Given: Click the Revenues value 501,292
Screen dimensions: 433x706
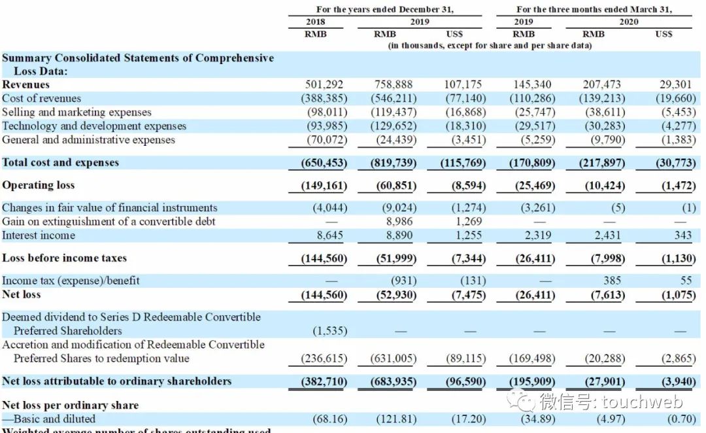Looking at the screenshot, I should [324, 84].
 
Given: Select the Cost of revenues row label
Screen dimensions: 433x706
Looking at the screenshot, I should [42, 98].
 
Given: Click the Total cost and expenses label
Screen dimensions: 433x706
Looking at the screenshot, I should [61, 162].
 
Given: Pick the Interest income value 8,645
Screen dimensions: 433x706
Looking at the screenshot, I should [327, 235].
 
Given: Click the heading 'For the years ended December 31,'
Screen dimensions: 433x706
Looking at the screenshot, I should [384, 9].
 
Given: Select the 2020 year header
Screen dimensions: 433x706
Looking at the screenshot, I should [629, 22].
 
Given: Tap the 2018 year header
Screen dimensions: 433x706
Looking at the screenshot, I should [315, 22].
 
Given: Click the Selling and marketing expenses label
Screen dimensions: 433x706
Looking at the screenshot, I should [76, 112].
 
